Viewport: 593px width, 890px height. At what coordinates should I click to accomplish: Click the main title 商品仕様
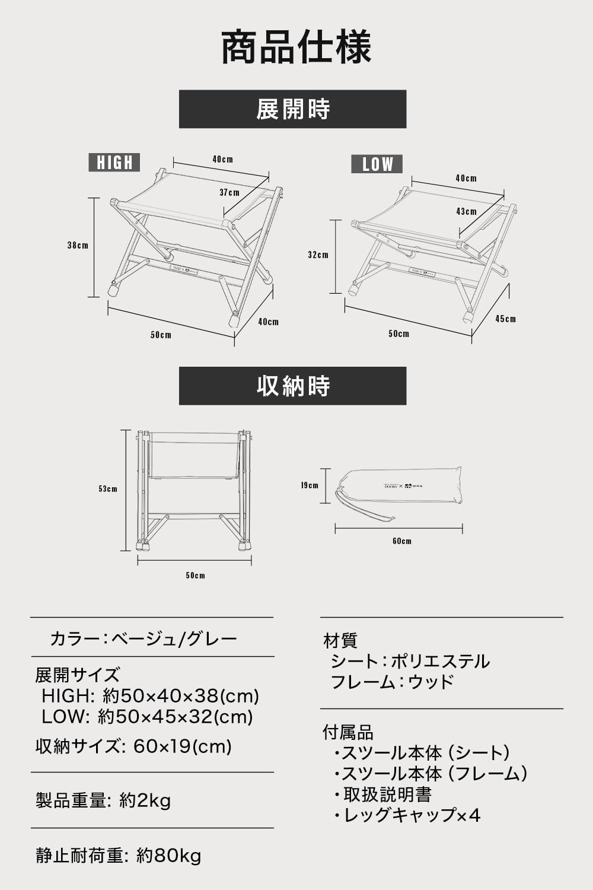pos(296,47)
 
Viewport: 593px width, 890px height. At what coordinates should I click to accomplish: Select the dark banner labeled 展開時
pos(292,109)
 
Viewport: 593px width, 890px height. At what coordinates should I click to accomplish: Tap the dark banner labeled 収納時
pos(292,386)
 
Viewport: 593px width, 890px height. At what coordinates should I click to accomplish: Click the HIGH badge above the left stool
pos(114,162)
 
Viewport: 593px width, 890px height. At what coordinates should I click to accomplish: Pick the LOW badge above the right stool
pos(377,164)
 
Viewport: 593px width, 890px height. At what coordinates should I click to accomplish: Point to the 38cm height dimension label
pos(78,245)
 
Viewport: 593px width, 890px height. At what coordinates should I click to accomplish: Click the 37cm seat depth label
pos(229,192)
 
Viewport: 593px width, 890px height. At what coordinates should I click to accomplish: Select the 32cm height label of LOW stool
pos(318,255)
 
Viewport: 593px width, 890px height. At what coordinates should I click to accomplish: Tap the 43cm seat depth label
pos(467,211)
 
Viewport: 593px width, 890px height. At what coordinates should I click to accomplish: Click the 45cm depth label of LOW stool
pos(506,319)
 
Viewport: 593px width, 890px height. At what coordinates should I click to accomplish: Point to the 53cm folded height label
pos(108,489)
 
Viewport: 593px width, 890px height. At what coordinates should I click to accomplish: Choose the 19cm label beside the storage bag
pos(309,485)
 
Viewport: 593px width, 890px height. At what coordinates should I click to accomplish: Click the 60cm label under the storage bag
pos(401,541)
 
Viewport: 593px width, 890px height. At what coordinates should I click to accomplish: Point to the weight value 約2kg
pos(145,800)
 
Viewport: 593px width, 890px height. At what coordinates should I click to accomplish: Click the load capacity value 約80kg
pos(168,856)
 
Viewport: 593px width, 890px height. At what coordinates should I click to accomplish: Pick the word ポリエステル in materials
pos(440,661)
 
